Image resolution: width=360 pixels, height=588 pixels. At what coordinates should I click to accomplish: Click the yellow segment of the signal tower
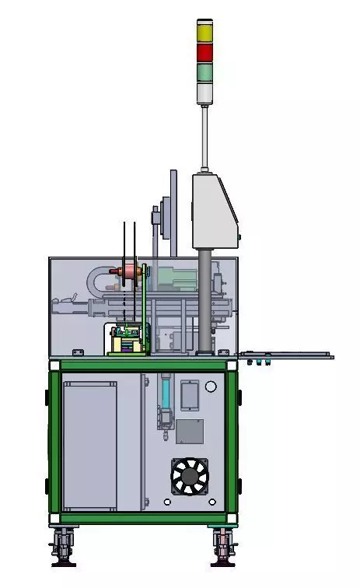click(204, 33)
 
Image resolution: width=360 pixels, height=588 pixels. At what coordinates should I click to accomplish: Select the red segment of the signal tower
click(204, 53)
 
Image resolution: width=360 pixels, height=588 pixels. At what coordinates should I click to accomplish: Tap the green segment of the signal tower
click(204, 72)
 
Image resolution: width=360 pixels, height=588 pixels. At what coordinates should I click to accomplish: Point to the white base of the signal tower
click(204, 93)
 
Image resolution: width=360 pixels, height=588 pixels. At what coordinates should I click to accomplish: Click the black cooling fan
click(190, 476)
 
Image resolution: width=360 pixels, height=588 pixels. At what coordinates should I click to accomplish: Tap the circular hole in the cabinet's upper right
click(211, 387)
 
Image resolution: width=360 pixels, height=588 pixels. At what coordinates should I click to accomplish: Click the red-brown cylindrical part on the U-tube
click(129, 271)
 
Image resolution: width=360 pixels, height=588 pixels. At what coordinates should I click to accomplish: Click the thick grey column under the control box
click(204, 299)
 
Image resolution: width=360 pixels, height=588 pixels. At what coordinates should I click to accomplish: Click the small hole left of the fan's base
click(167, 502)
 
